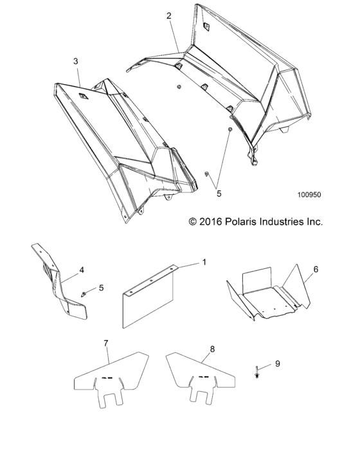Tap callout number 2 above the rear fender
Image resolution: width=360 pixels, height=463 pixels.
pyautogui.click(x=169, y=15)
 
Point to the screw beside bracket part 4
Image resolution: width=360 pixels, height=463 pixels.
pyautogui.click(x=85, y=294)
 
